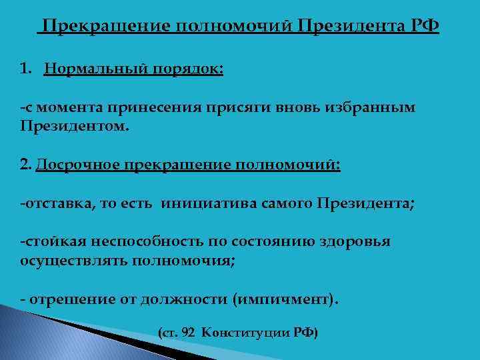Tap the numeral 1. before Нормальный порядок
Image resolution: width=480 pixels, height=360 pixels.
[x=27, y=70]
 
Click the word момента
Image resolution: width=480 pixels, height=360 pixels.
[x=67, y=108]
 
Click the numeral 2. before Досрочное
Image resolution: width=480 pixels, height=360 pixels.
[x=25, y=165]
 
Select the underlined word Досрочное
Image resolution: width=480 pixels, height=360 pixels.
[x=71, y=165]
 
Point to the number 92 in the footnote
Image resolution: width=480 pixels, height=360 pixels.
[x=189, y=331]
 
